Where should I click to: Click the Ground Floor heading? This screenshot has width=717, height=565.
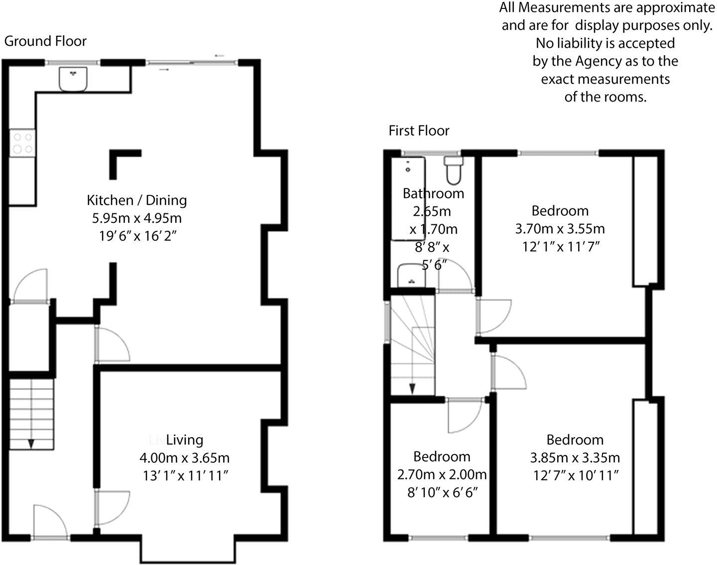coord(45,41)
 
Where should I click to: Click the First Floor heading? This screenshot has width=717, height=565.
coord(419,131)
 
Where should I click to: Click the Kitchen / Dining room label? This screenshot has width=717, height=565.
coord(137,200)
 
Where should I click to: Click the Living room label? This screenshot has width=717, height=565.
coord(184,440)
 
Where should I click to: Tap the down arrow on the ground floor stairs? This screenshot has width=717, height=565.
coord(31,443)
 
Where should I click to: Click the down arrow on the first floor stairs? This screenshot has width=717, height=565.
coord(412,388)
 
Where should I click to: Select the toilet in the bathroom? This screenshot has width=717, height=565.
coord(454,171)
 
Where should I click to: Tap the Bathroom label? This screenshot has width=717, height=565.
coord(433,193)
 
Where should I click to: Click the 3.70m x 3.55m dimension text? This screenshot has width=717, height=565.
coord(560,229)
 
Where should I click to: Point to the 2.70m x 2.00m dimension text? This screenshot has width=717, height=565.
coord(442,474)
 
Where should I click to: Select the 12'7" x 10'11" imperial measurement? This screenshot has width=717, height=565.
coord(575,475)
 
